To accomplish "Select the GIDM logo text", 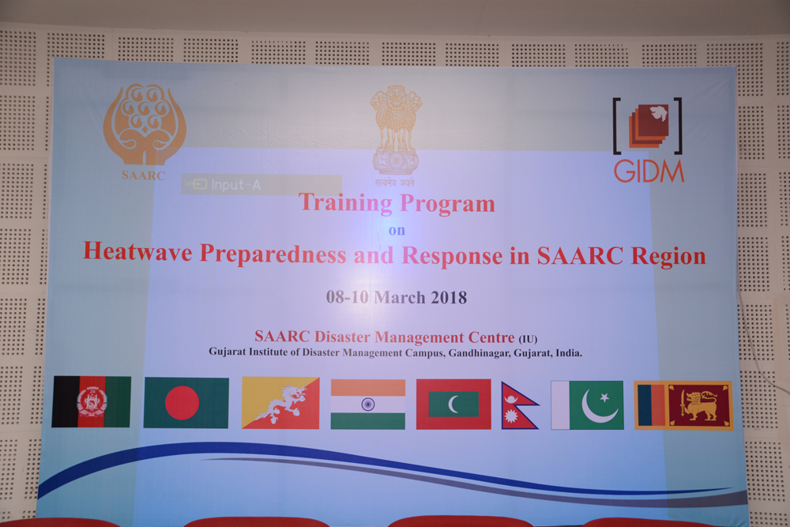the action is (649, 171).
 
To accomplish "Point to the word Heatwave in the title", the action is (137, 251).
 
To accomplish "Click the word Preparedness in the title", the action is (273, 254).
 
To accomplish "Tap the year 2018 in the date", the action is (449, 298).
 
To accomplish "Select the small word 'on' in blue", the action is (397, 230).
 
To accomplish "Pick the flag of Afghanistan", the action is (91, 401).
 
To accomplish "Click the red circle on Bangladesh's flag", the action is (182, 402).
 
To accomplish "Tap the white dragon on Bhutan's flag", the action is (280, 404).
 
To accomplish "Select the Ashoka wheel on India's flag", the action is (368, 404).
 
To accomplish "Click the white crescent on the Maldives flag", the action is (453, 404).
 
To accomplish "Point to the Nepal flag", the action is (519, 405).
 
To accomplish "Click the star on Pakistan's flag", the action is (604, 398).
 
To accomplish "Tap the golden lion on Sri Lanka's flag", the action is (699, 405).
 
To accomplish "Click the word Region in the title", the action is (668, 257).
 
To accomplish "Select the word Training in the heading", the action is (346, 203).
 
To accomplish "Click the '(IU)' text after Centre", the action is (528, 339).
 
